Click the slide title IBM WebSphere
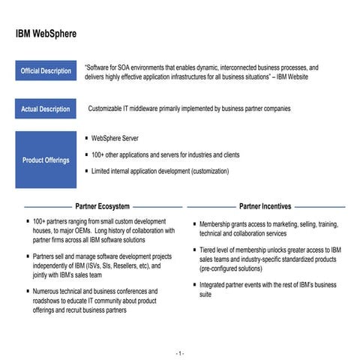[x=46, y=34]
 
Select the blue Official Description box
[x=45, y=71]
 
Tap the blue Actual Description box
[x=45, y=109]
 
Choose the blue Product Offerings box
[x=45, y=160]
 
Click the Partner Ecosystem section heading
[x=103, y=205]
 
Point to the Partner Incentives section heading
[x=265, y=205]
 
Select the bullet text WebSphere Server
[x=115, y=139]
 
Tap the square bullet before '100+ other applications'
[x=86, y=155]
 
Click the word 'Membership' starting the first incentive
[x=217, y=223]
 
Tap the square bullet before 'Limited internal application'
[x=86, y=171]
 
